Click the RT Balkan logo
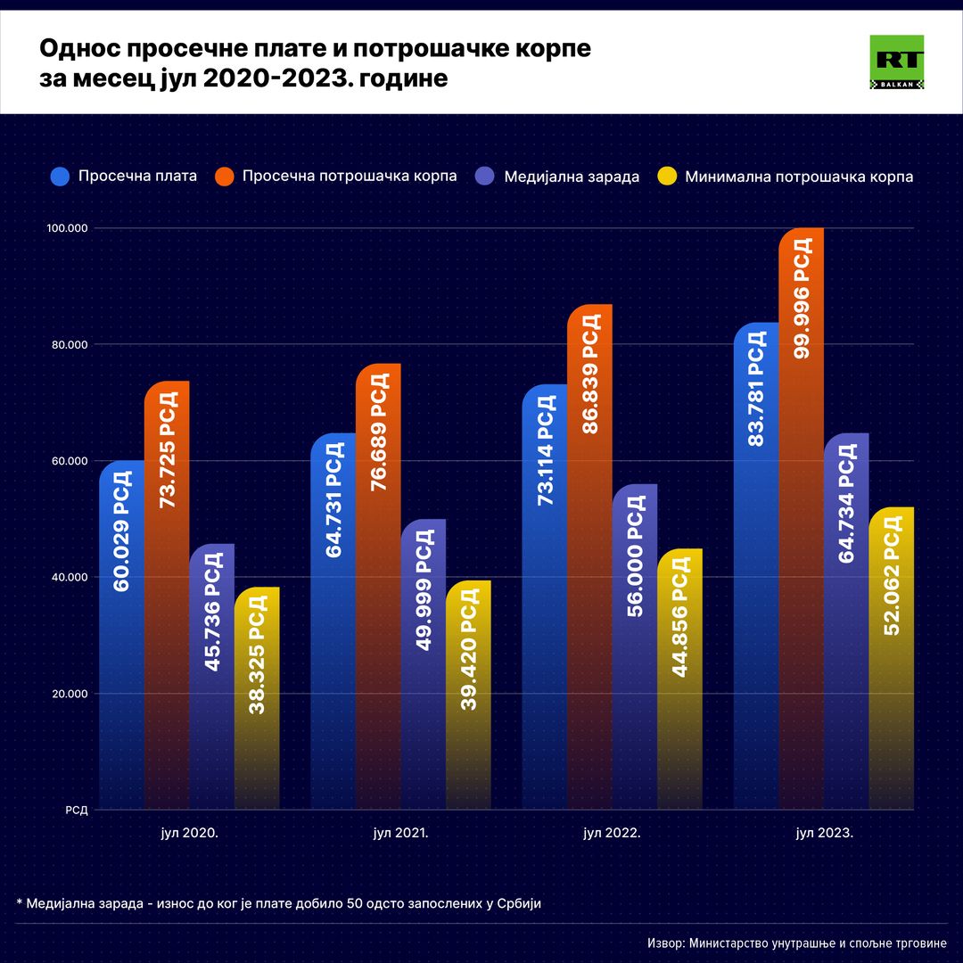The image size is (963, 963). [896, 62]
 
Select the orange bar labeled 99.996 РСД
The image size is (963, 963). [801, 517]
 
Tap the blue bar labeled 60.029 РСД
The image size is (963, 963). [122, 633]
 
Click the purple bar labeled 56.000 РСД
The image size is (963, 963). [634, 646]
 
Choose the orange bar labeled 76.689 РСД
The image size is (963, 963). [378, 584]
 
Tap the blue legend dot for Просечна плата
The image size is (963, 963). [61, 177]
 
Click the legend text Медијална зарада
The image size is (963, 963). [572, 177]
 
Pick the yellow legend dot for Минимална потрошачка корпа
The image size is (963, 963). [666, 177]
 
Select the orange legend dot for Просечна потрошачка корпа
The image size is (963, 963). [225, 177]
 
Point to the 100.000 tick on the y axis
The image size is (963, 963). [66, 228]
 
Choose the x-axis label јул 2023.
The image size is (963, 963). [824, 834]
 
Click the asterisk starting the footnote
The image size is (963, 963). [20, 901]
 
